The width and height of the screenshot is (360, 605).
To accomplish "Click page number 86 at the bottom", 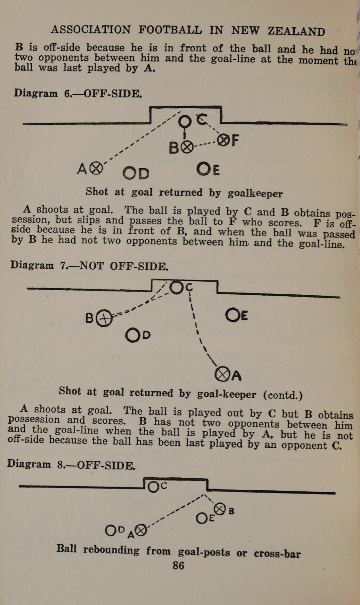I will [x=178, y=566].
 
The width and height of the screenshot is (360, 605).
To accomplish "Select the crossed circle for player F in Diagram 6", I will [x=223, y=140].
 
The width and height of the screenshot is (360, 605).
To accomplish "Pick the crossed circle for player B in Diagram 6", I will [x=187, y=147].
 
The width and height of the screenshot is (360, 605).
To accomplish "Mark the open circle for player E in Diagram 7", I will [x=232, y=315].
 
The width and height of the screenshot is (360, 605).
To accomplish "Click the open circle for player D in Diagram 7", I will [x=132, y=336].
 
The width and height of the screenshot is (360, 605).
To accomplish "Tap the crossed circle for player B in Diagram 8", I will [x=220, y=509].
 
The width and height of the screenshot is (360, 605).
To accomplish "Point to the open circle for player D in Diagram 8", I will [x=111, y=530].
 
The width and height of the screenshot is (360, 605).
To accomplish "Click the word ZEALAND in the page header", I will [x=296, y=31].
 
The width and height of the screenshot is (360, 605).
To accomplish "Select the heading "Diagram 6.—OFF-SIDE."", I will [x=78, y=93].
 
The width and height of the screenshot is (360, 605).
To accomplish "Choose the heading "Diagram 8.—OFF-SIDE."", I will [x=71, y=465].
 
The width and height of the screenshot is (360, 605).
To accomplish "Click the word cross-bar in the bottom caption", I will [x=277, y=554].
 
